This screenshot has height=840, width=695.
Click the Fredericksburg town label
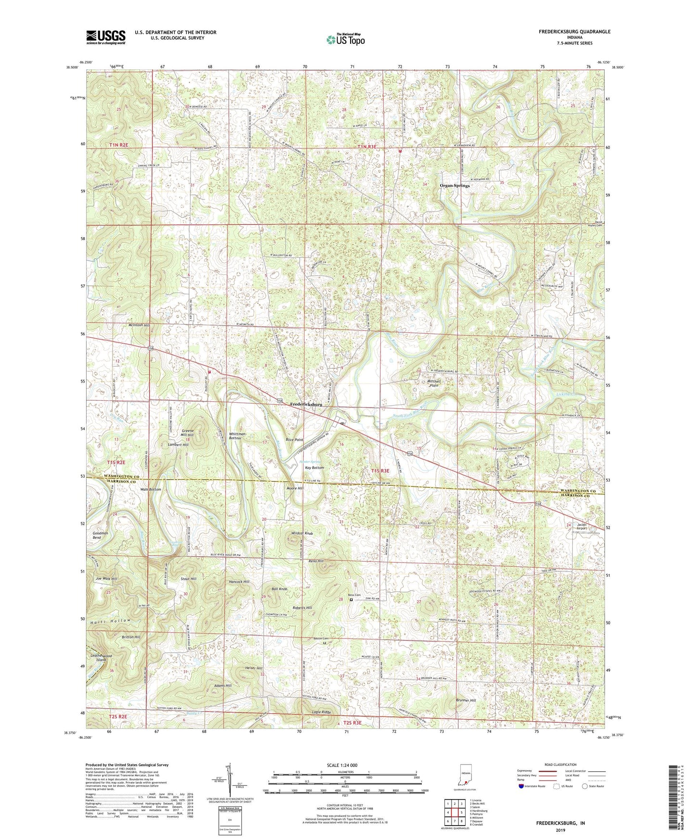(306, 405)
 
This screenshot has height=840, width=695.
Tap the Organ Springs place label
(455, 185)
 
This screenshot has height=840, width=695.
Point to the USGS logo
(106, 37)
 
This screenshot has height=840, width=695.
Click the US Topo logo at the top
(345, 39)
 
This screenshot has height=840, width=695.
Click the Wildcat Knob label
(302, 534)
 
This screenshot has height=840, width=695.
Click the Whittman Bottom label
(238, 436)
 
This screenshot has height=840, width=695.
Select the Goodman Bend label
(97, 535)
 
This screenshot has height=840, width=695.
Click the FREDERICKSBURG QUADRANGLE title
(574, 32)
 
